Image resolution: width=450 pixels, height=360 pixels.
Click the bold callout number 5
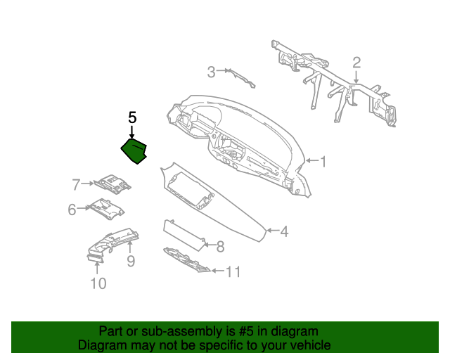(x=132, y=117)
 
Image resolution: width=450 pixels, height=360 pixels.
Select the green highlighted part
(x=134, y=151)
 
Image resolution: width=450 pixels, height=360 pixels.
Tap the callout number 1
(x=323, y=162)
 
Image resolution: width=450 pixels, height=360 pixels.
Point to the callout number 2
(x=356, y=63)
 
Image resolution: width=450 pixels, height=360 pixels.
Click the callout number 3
(x=211, y=72)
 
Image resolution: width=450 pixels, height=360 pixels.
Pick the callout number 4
(x=284, y=231)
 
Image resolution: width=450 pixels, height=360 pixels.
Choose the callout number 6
(x=72, y=210)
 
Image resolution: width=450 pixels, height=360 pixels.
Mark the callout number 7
(x=76, y=185)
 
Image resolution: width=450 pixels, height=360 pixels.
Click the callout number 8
(x=220, y=247)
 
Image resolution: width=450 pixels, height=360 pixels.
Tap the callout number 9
(x=131, y=261)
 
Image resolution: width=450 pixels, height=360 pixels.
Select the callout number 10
(x=98, y=283)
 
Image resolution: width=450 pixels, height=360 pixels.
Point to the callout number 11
(x=233, y=271)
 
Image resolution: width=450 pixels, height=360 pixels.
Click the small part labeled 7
(x=112, y=184)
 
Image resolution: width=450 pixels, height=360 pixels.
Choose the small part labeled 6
(x=107, y=209)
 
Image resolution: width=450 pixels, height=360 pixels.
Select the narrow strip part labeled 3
(x=240, y=78)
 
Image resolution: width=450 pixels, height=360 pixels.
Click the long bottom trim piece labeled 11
(x=186, y=260)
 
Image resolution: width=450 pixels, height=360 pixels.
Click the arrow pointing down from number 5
(x=131, y=131)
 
